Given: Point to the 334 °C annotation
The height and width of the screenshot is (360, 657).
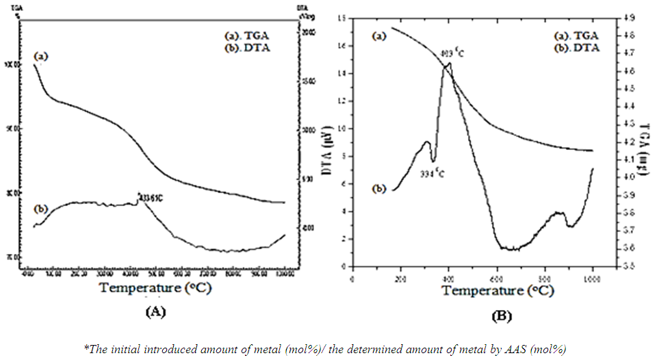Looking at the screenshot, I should tap(432, 173).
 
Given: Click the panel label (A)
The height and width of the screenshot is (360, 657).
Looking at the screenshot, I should tap(155, 311).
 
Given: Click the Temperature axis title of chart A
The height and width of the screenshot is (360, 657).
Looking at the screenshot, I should tap(155, 287).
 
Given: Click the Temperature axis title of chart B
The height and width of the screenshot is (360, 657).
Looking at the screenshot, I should tap(496, 290).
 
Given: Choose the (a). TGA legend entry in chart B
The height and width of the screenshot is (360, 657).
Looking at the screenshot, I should tap(577, 36).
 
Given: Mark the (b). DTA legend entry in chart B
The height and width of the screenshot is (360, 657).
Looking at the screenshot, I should tap(577, 48).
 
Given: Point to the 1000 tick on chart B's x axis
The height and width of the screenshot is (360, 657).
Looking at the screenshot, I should tap(592, 279).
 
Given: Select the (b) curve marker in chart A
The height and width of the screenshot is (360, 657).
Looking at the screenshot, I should tap(40, 209).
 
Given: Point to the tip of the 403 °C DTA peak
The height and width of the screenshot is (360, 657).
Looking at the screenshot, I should tap(450, 63).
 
